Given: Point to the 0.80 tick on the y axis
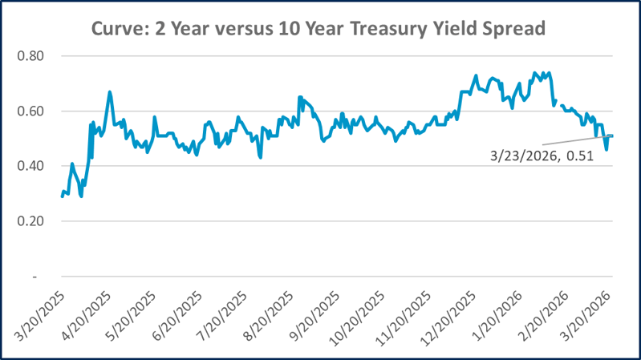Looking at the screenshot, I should point(34,56).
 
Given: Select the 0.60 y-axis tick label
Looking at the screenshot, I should point(34,111).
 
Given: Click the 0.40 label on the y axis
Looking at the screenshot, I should point(34,166).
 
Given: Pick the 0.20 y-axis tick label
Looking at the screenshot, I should point(34,221).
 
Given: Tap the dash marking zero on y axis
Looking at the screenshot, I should point(35,276).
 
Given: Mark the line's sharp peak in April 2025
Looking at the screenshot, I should point(109,92).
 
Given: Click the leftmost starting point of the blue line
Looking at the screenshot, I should point(62,196).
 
